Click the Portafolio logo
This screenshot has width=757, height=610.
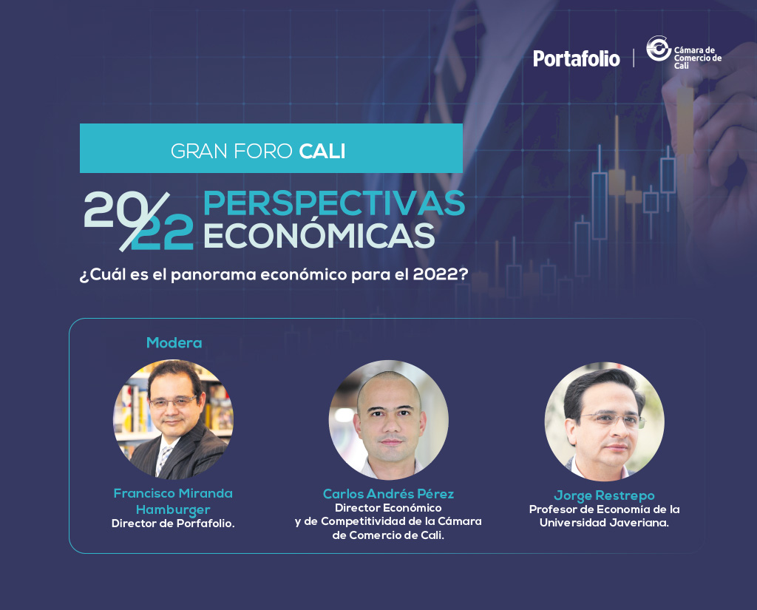tap(577, 58)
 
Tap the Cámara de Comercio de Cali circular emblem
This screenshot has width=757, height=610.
tap(659, 48)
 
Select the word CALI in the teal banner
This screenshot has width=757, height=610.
tap(322, 151)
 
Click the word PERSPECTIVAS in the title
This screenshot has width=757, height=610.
tap(334, 203)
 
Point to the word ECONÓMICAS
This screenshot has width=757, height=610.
tap(319, 236)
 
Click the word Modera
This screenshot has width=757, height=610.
tap(174, 343)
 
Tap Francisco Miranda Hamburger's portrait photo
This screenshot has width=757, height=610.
tap(173, 419)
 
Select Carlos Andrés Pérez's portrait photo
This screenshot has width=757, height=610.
tap(389, 420)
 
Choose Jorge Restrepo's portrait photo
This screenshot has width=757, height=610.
tap(605, 421)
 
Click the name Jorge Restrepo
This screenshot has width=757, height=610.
tap(605, 495)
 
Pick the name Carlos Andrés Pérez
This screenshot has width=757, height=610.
tap(389, 494)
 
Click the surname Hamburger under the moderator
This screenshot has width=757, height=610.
tap(173, 510)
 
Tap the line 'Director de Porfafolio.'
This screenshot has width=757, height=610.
tap(173, 523)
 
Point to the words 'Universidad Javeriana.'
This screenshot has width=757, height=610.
tap(605, 523)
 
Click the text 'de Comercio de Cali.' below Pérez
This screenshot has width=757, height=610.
tap(388, 535)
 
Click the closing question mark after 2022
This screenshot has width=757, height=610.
tap(464, 274)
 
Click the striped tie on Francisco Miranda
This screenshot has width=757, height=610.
tap(163, 459)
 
